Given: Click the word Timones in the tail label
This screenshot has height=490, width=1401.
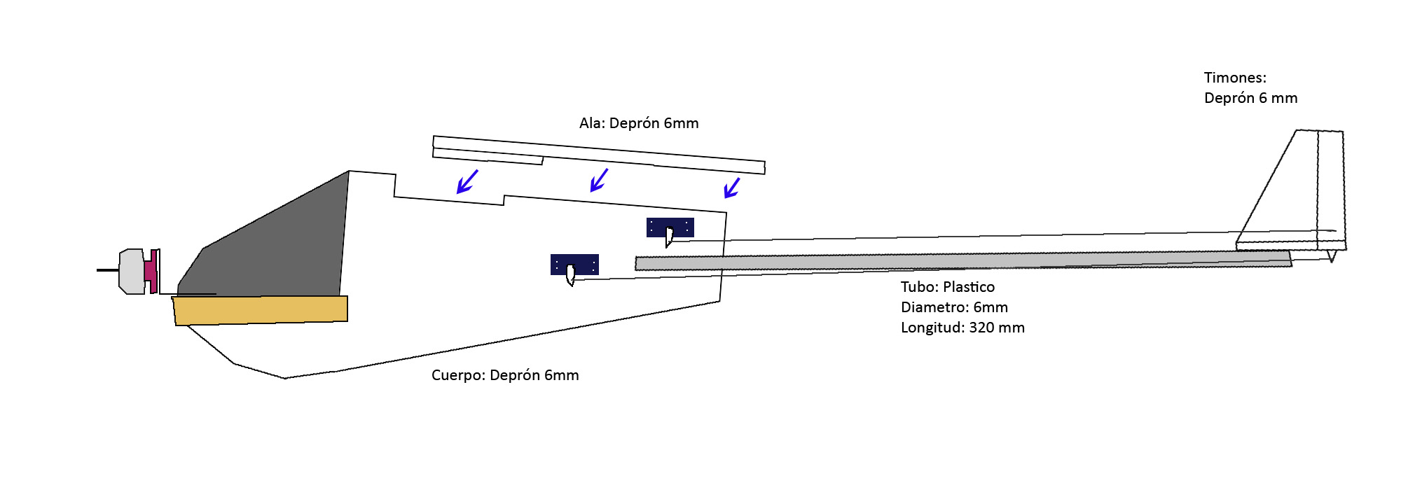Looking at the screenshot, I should pos(1234,78).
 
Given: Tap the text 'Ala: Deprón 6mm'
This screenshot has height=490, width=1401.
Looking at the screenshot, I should pos(639,123).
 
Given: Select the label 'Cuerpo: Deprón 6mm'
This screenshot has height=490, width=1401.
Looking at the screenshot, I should pos(505,375).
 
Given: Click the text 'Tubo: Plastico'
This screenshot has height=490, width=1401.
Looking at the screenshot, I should pos(947,287).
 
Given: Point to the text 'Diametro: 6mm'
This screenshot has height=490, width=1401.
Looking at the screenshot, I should pos(954,307).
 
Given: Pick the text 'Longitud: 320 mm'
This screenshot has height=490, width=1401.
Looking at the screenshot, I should pos(962,328).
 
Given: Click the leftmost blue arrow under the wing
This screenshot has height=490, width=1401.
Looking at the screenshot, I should pos(467,181).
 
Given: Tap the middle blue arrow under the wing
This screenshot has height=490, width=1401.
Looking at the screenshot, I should pos(598,180).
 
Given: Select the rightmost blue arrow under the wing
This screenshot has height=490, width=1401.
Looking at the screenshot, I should pos(731,188).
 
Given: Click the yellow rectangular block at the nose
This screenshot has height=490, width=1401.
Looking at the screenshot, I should pos(261,310).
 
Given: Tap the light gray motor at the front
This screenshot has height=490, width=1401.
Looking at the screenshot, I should pos(132,271).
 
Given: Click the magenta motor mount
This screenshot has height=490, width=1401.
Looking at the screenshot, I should pos(151,271).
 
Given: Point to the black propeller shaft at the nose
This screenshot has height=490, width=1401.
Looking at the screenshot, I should pos(107,269).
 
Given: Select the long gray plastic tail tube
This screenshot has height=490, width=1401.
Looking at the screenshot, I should pos(960,260).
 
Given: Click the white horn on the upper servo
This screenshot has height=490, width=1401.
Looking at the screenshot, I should pos(669,237).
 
